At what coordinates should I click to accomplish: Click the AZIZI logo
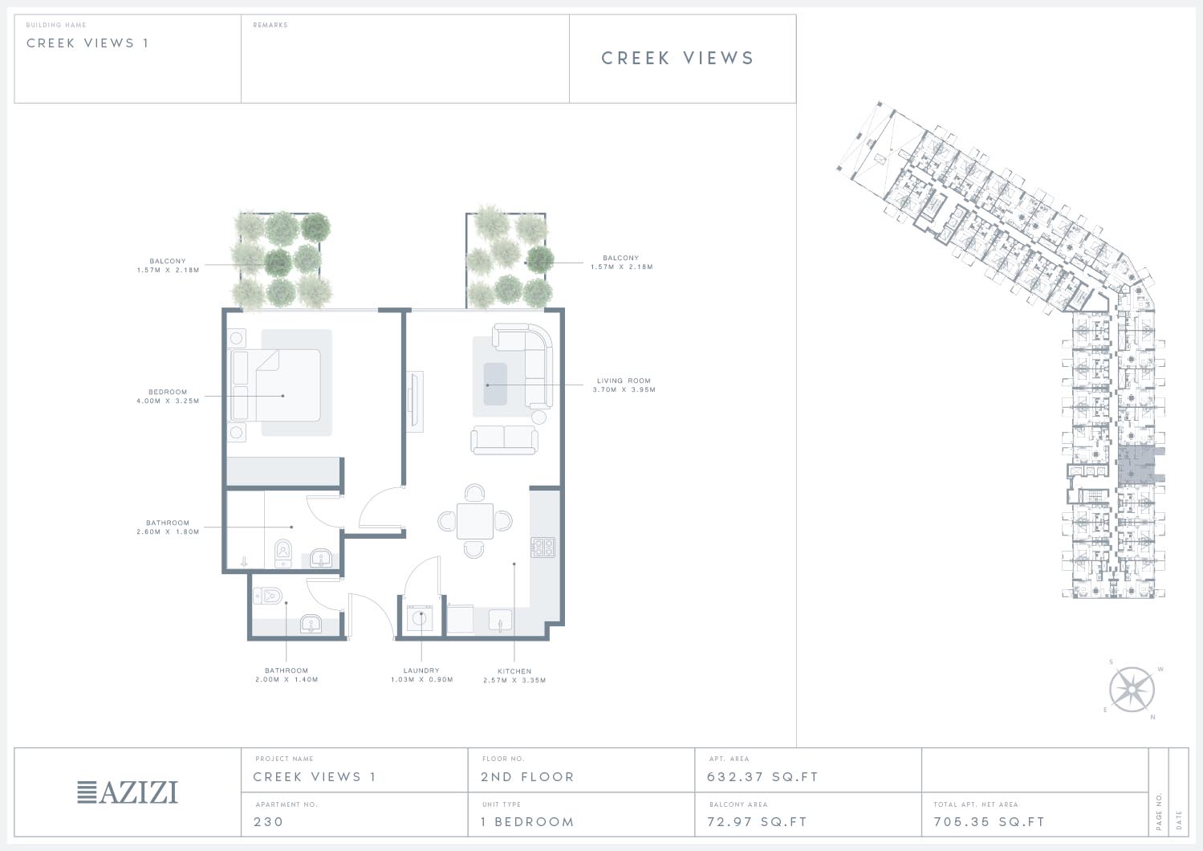[128, 792]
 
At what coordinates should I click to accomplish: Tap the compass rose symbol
[1132, 690]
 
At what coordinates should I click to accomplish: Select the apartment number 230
[268, 821]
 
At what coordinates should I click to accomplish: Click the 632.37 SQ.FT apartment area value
[762, 776]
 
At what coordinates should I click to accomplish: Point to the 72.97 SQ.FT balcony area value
[757, 821]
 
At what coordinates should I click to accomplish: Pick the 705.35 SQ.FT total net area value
[989, 821]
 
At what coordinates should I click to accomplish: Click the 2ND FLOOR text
[527, 776]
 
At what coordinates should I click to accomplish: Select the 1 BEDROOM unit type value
[527, 821]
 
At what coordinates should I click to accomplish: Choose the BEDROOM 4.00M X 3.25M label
[168, 397]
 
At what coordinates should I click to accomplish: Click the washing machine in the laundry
[420, 618]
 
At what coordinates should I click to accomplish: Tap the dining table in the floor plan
[475, 520]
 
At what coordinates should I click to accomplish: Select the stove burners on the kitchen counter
[543, 547]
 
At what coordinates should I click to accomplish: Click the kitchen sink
[500, 621]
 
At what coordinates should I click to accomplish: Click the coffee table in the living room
[495, 384]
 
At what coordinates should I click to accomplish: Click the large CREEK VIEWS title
[677, 58]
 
